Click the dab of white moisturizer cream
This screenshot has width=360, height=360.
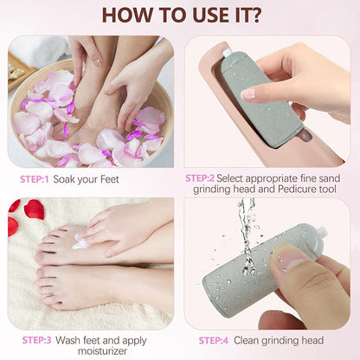click(x=80, y=244)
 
